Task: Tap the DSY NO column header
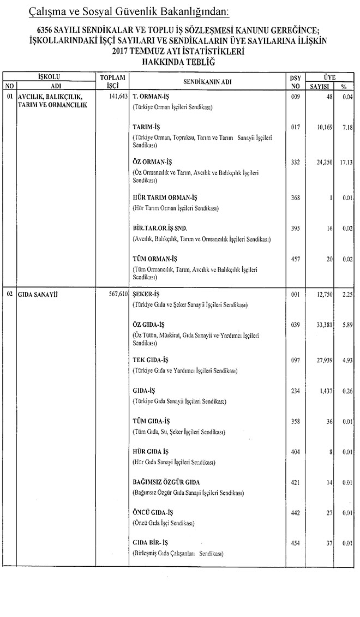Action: [296, 82]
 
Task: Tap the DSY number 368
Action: [296, 197]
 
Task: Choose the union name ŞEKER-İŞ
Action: [146, 293]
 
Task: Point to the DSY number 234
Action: [296, 391]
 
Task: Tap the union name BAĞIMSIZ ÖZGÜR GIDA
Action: [166, 483]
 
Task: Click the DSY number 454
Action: [296, 543]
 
